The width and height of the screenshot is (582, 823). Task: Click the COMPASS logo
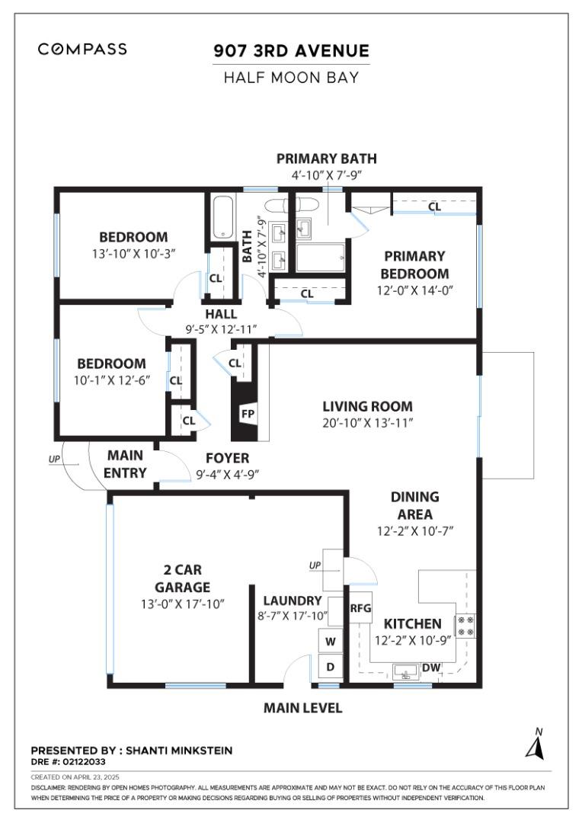(82, 50)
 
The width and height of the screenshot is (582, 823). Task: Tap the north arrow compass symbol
(536, 745)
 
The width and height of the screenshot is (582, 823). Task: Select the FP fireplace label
(248, 414)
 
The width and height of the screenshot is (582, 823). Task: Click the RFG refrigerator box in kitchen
(360, 608)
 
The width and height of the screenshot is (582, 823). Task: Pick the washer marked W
(331, 642)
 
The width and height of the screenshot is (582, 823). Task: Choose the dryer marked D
(331, 667)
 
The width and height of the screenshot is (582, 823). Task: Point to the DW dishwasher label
(432, 668)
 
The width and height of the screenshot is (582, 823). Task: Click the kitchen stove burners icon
(465, 625)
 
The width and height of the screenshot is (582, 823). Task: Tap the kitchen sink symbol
(404, 671)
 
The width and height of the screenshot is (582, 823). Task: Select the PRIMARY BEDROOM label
(414, 265)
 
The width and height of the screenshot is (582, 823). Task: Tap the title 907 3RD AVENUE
(291, 51)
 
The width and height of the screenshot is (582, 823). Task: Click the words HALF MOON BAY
(291, 77)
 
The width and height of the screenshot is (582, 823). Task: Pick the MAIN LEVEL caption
(302, 708)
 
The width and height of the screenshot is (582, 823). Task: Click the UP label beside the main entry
(53, 459)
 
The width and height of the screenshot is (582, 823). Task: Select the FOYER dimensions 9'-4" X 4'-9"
(227, 473)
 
